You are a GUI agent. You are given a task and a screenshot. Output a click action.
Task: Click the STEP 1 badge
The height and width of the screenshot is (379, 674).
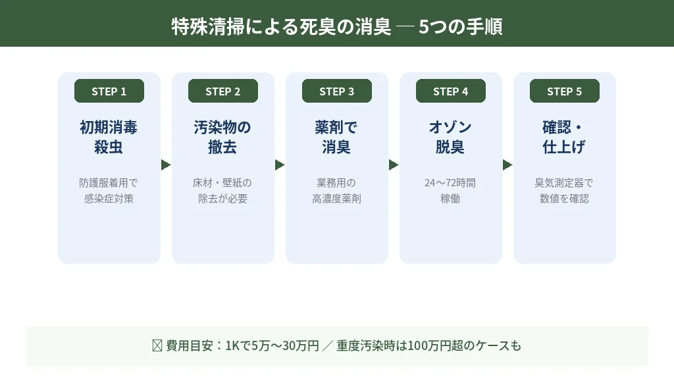[109, 91]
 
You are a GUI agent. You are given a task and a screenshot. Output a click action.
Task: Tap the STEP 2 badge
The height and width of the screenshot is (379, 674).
[223, 91]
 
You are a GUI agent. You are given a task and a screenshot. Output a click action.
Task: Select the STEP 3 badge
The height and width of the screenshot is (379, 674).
[337, 91]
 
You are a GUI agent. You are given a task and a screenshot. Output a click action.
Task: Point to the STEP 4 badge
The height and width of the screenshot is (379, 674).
[451, 91]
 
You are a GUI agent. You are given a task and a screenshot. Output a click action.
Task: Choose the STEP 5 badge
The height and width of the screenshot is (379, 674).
[565, 91]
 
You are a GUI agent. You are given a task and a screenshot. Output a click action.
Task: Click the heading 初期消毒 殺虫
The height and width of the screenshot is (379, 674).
[109, 137]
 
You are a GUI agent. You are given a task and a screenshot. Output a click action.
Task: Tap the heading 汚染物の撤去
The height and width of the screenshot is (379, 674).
[223, 137]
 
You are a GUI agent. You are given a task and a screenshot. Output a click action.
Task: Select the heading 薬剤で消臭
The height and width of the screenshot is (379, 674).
[337, 137]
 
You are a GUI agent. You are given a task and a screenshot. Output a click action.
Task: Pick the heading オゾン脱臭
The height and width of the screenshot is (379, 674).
[451, 137]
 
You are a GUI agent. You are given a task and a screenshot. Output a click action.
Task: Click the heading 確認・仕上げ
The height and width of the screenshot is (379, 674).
[565, 137]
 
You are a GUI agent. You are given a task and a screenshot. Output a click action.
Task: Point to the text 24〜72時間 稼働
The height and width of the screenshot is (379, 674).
[451, 190]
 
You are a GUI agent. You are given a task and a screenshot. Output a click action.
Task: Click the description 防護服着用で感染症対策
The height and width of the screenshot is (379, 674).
[109, 190]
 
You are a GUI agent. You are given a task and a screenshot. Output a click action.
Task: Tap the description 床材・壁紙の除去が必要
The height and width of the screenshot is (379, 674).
[223, 190]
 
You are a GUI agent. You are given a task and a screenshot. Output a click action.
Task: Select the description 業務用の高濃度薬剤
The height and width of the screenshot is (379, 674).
[337, 190]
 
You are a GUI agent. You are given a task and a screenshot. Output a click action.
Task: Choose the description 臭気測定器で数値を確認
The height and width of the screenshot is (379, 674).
[565, 190]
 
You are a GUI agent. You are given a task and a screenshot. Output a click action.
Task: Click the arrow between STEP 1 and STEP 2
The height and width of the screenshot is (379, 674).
[166, 165]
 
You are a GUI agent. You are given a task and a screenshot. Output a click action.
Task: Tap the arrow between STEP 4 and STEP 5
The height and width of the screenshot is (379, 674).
[507, 165]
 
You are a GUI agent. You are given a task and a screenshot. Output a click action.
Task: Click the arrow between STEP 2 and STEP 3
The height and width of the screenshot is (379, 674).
[280, 165]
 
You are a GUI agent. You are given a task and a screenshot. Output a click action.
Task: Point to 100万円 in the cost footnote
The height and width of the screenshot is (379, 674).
[428, 345]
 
